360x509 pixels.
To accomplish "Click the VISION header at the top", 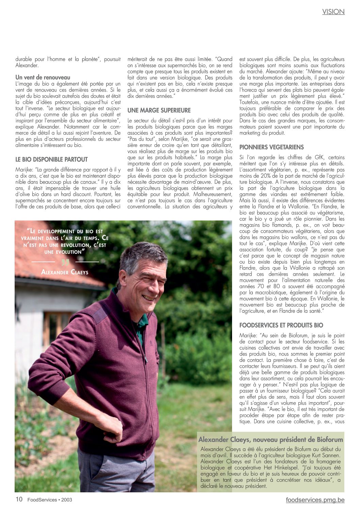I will (333, 12).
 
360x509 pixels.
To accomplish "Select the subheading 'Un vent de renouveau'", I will (43, 78).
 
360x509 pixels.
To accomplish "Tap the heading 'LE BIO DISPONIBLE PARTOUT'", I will (51, 159).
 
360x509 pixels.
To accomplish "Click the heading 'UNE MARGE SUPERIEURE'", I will (159, 110).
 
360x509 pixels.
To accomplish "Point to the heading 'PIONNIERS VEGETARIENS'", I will (272, 147).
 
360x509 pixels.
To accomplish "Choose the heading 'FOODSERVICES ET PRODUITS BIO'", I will (281, 325).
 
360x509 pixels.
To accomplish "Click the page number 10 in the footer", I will (19, 499).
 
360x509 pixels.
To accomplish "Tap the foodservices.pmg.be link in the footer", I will (315, 500).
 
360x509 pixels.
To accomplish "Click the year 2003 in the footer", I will (67, 500).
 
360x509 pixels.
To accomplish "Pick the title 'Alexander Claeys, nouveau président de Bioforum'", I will (271, 439).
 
